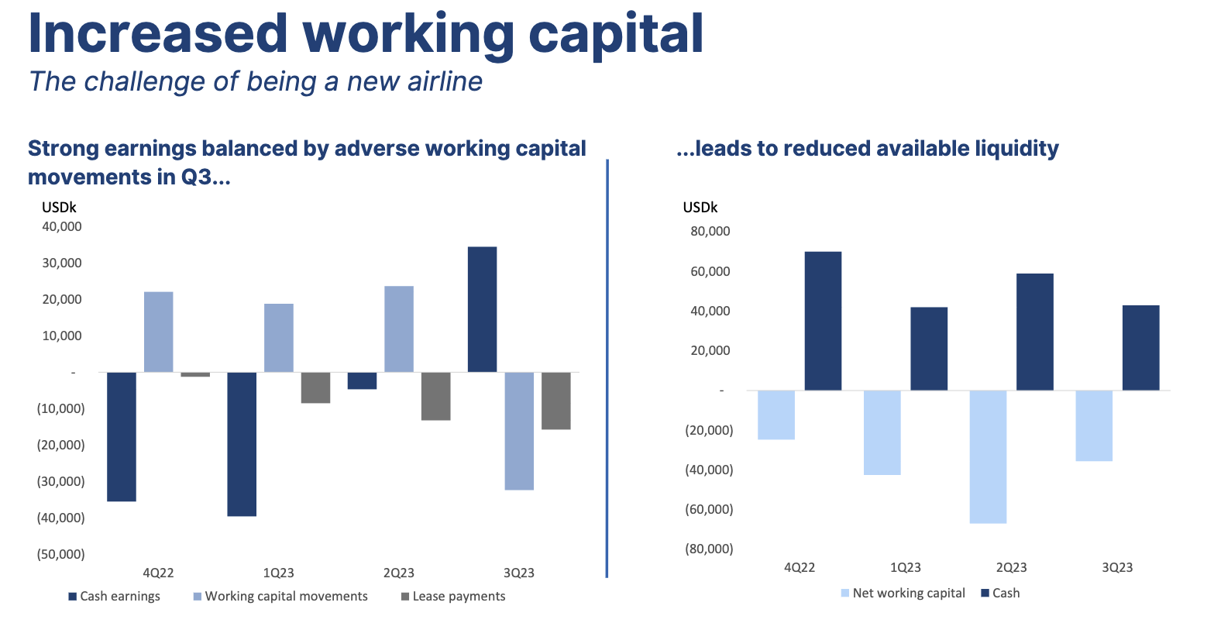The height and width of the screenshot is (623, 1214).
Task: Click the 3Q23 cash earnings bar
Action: coord(482,309)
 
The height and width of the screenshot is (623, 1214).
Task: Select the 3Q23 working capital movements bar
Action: coord(518,431)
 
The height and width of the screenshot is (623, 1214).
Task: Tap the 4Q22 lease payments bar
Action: coord(195,375)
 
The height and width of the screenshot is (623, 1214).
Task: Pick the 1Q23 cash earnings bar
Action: coord(241,444)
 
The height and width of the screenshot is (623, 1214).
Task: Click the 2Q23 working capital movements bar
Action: coord(399,329)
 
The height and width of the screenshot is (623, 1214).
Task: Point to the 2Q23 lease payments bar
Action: coord(435,396)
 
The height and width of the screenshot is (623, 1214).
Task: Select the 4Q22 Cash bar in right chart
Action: coord(823,321)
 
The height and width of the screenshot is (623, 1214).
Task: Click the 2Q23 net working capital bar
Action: coord(988,456)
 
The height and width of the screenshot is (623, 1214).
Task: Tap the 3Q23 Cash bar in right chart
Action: coord(1140,348)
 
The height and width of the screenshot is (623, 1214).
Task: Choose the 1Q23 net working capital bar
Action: coord(882,432)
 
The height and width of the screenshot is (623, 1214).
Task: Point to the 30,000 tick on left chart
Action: coord(60,263)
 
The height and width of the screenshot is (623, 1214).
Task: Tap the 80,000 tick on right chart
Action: coord(709,232)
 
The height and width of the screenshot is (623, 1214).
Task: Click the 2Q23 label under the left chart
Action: coord(398,573)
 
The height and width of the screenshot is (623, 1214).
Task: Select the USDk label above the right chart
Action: coord(700,208)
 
